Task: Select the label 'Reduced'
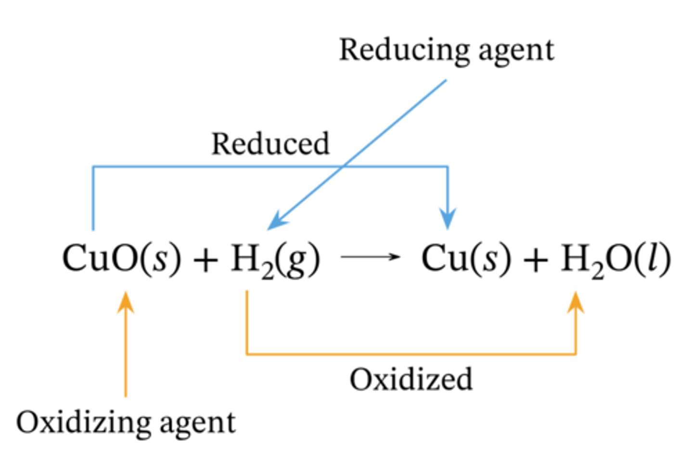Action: [x=270, y=144]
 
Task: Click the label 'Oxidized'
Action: [x=411, y=379]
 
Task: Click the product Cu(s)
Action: [x=466, y=258]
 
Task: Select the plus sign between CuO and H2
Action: [x=205, y=260]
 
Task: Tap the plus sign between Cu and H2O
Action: [x=536, y=260]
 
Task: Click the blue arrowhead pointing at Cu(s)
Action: [x=448, y=219]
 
